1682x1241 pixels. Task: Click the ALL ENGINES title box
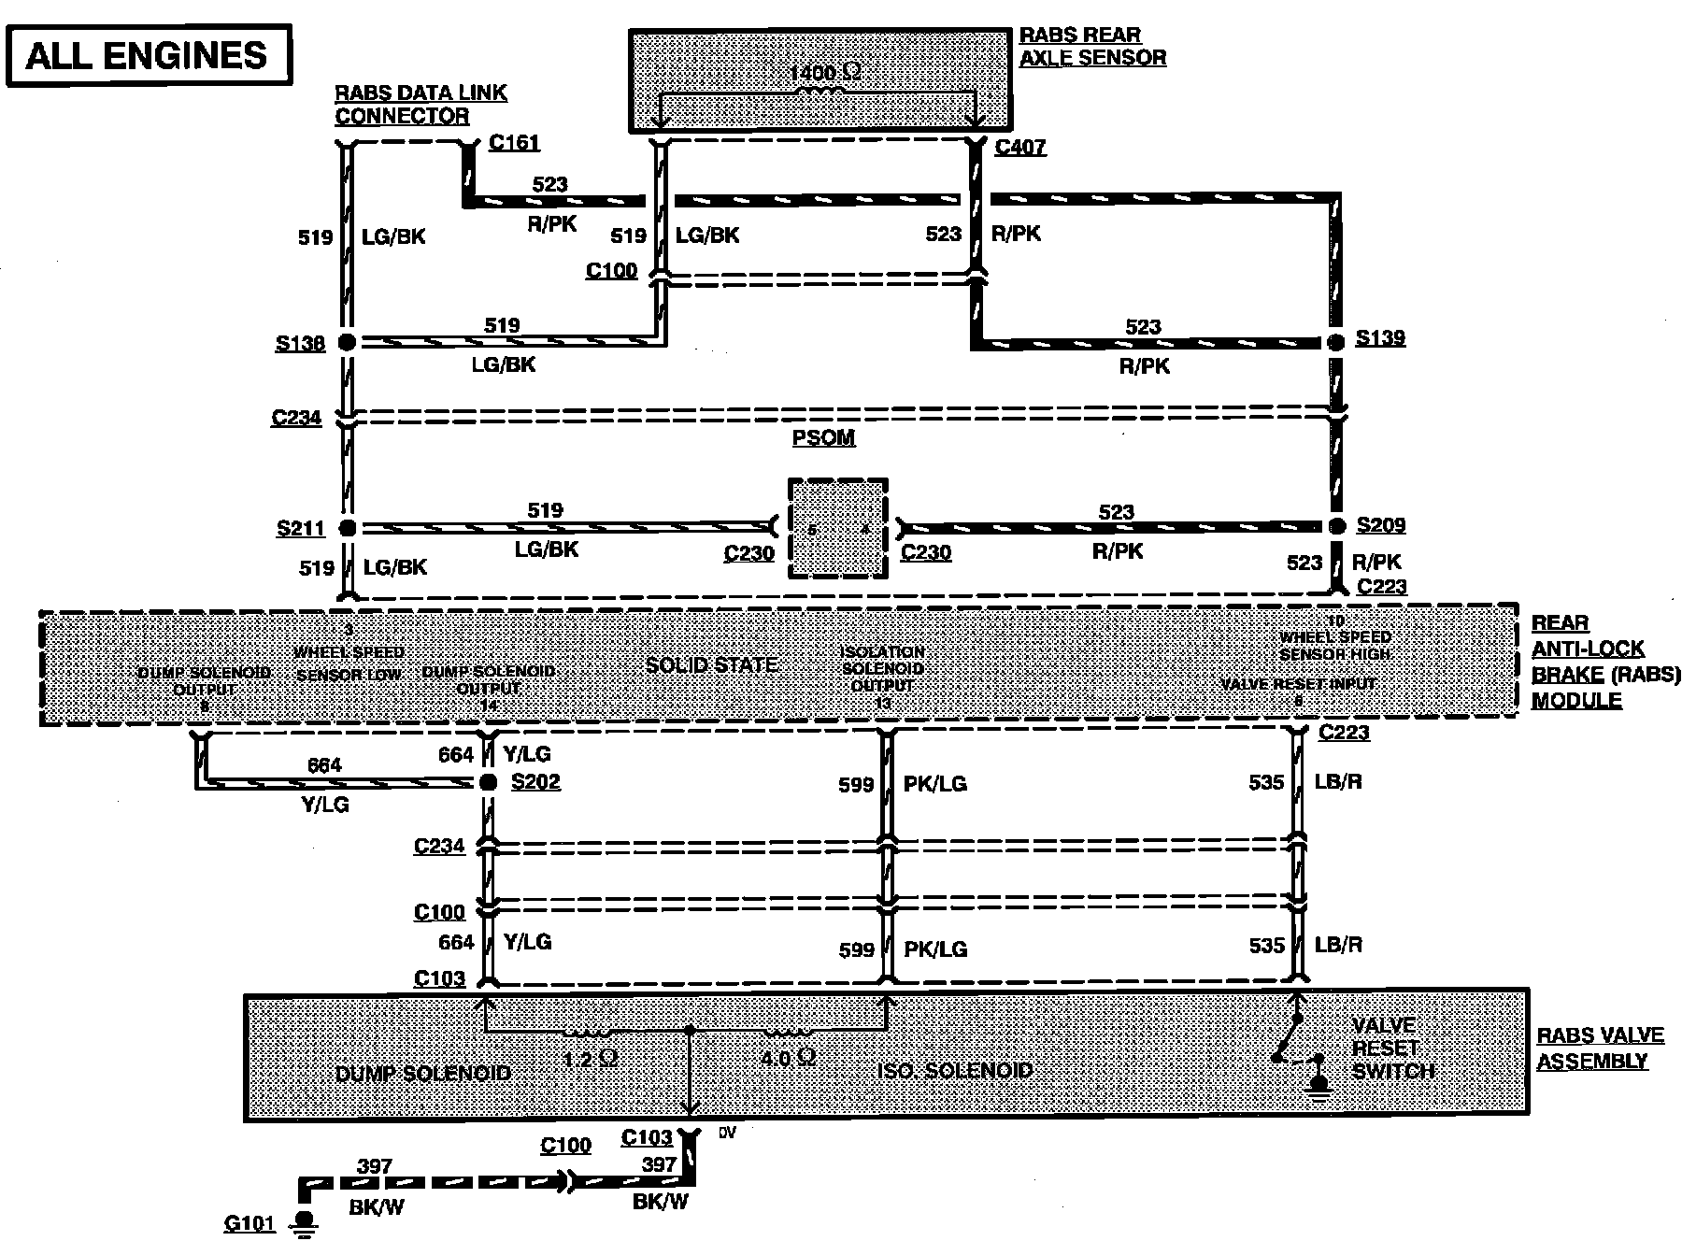(148, 55)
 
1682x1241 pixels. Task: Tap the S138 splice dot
(347, 342)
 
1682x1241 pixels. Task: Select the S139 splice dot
(1336, 341)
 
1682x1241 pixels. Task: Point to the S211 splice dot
(347, 528)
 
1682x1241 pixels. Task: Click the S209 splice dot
(1337, 526)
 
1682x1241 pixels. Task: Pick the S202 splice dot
(488, 782)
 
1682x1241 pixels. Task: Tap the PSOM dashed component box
(837, 529)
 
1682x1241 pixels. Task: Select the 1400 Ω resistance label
(824, 73)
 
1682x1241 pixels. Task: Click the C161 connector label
(514, 143)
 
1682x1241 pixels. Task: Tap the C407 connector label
(1020, 147)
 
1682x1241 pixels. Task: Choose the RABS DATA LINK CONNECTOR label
(420, 105)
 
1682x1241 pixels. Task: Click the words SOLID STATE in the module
(712, 665)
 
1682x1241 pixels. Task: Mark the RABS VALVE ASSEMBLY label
(1600, 1048)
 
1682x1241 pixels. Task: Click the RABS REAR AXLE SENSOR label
(1091, 47)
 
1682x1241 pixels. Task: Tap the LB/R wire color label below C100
(1338, 945)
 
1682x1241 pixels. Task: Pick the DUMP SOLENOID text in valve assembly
(423, 1073)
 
